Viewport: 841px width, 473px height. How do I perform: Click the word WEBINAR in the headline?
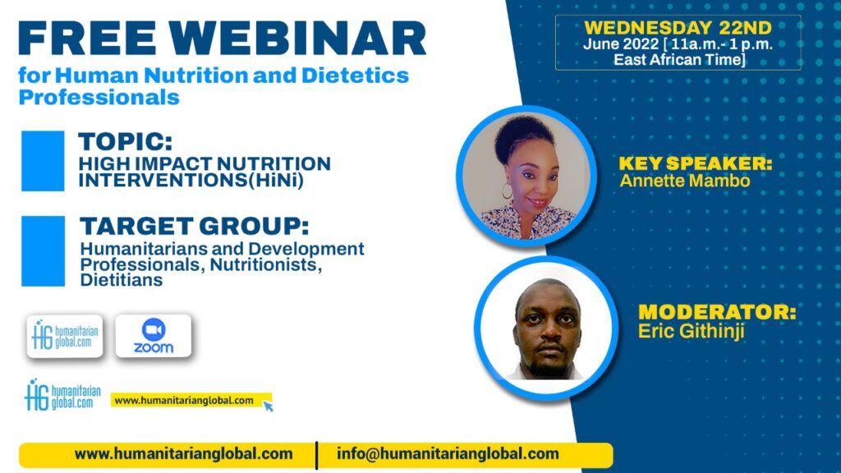coord(297,38)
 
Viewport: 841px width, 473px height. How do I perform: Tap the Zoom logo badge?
coord(154,336)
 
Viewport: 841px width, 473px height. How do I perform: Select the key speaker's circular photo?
coord(526,176)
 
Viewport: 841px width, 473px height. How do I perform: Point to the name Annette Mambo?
coord(685,181)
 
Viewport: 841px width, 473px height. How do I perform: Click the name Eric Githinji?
coord(692,331)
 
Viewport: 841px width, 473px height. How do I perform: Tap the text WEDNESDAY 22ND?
coord(678,27)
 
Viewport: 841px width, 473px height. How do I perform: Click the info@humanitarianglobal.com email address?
coord(448,453)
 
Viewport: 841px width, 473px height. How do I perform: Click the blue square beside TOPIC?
coord(43,161)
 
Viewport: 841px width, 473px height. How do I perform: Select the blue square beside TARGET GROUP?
coord(43,251)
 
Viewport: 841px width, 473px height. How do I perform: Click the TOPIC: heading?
coord(126,141)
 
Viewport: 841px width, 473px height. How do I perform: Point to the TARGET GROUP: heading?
coord(194,226)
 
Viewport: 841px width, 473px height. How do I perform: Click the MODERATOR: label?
coord(717,311)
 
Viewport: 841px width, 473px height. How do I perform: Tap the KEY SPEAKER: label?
coord(696,163)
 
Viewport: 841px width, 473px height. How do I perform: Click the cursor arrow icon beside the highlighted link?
coord(268,406)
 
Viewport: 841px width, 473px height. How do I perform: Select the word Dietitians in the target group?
coord(122,280)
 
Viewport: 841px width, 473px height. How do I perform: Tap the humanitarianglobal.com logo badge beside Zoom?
coord(65,336)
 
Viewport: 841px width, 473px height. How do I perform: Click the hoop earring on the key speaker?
coord(507,191)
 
